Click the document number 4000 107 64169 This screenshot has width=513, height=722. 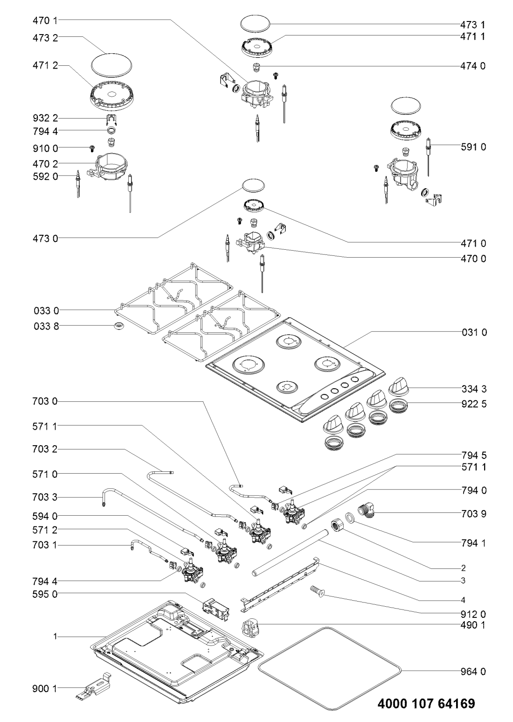tap(426, 703)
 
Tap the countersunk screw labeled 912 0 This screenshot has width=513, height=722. tap(316, 591)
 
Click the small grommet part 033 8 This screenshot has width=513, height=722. tap(118, 325)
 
